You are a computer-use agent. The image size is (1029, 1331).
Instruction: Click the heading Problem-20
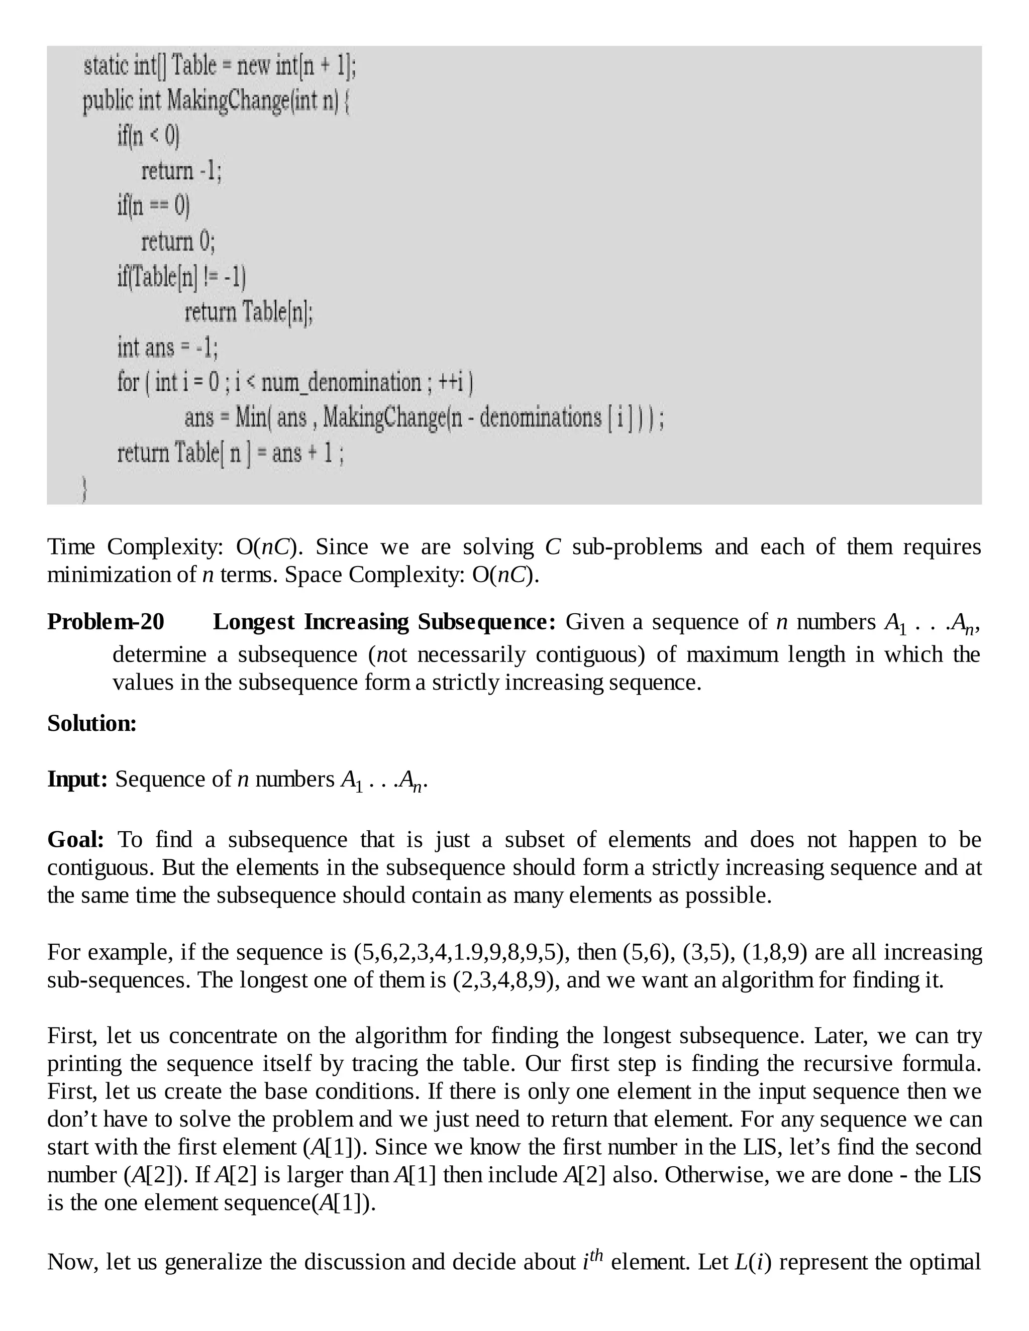106,622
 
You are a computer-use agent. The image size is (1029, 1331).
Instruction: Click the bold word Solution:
92,724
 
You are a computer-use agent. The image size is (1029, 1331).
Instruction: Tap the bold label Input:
77,780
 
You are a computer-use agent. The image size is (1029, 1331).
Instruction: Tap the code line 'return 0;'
178,242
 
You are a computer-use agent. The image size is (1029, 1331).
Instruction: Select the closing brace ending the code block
85,489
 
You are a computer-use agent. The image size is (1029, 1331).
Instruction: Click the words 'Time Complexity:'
135,547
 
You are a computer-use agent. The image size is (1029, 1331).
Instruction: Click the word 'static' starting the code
106,65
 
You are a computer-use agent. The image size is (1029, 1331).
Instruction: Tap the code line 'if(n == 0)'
154,206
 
